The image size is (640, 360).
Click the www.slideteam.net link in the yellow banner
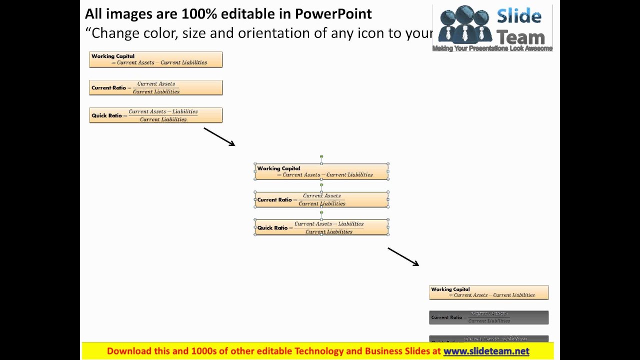(x=486, y=351)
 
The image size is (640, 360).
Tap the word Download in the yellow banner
(x=131, y=351)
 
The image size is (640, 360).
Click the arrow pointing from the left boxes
(x=219, y=136)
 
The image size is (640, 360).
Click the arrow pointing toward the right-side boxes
(x=403, y=256)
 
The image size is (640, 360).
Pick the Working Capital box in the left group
(x=155, y=59)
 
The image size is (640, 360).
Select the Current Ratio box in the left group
(x=155, y=87)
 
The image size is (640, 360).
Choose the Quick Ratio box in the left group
(x=155, y=115)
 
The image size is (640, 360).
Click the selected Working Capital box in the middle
(x=321, y=171)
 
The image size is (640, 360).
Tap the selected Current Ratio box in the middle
(x=321, y=199)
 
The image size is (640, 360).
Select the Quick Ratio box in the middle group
(x=321, y=227)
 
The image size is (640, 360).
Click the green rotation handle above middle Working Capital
(x=321, y=156)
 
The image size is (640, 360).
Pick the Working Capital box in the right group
(x=488, y=292)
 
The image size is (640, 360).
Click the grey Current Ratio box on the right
(x=488, y=317)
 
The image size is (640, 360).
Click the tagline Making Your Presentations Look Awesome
(x=492, y=48)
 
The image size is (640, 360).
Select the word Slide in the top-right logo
(x=519, y=16)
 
